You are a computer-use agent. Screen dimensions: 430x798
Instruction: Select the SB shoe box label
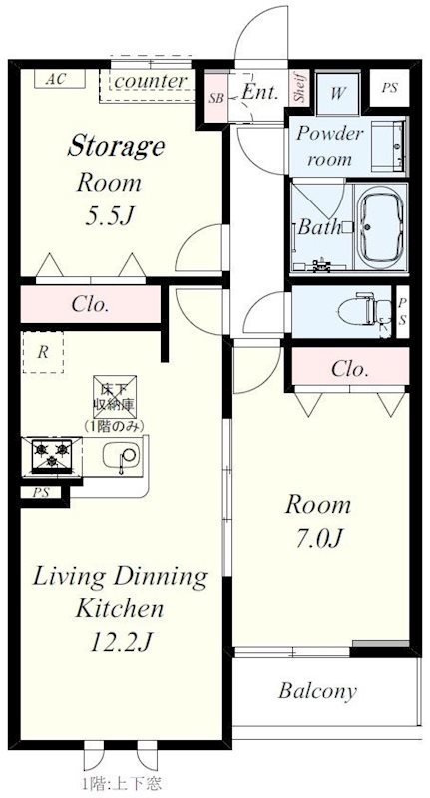point(215,98)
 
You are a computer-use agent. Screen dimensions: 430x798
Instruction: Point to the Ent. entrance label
point(260,92)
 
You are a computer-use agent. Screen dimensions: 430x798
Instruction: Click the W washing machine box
point(337,94)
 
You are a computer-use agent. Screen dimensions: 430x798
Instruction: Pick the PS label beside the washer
point(389,88)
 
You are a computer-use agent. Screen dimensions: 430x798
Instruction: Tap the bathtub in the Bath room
point(381,228)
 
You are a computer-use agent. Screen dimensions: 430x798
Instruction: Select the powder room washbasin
point(389,146)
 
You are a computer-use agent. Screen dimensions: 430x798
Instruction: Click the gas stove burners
point(52,454)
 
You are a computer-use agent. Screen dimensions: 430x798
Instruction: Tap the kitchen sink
point(121,455)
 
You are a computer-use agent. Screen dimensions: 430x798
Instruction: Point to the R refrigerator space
point(43,352)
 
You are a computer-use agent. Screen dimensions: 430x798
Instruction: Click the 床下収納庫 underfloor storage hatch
point(114,397)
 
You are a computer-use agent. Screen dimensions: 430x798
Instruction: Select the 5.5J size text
point(108,216)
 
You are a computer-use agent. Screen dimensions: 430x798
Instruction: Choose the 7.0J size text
point(318,538)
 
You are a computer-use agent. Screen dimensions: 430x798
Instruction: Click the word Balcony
point(317,691)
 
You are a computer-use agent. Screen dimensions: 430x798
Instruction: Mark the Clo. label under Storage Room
point(90,304)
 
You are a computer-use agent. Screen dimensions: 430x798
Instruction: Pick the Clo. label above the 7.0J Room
point(350,368)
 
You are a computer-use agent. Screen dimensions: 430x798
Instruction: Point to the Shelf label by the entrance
point(299,87)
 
